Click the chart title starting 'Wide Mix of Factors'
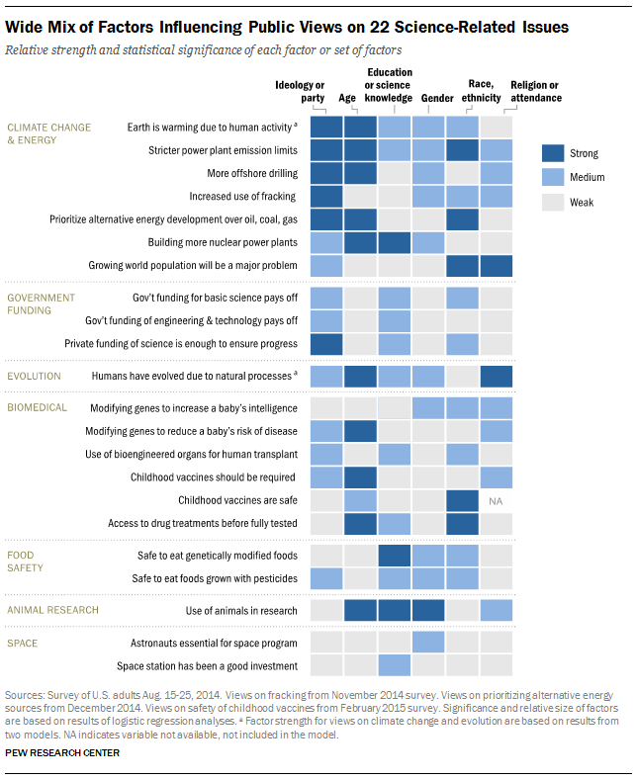[x=287, y=28]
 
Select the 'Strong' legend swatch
[x=553, y=153]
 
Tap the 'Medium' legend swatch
[x=553, y=178]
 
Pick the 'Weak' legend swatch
[x=553, y=203]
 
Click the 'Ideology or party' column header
[x=299, y=91]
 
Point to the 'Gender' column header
[x=437, y=98]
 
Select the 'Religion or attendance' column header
[x=535, y=91]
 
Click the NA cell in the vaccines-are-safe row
[x=497, y=501]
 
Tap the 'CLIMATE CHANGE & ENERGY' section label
[x=49, y=133]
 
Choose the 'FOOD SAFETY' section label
[x=27, y=562]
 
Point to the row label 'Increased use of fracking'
[x=243, y=197]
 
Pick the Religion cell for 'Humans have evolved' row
[x=497, y=376]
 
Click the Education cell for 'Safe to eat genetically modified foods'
[x=395, y=556]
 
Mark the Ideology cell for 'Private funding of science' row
[x=327, y=343]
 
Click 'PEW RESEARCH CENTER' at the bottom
[x=62, y=752]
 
